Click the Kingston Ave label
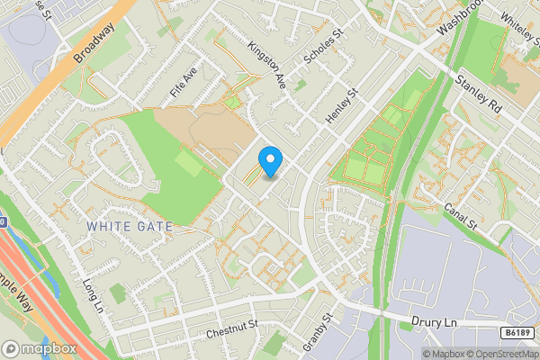coord(266,65)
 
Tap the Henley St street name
coord(342,105)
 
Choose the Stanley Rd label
coord(478,93)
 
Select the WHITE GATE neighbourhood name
coord(130,226)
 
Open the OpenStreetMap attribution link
coord(500,354)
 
